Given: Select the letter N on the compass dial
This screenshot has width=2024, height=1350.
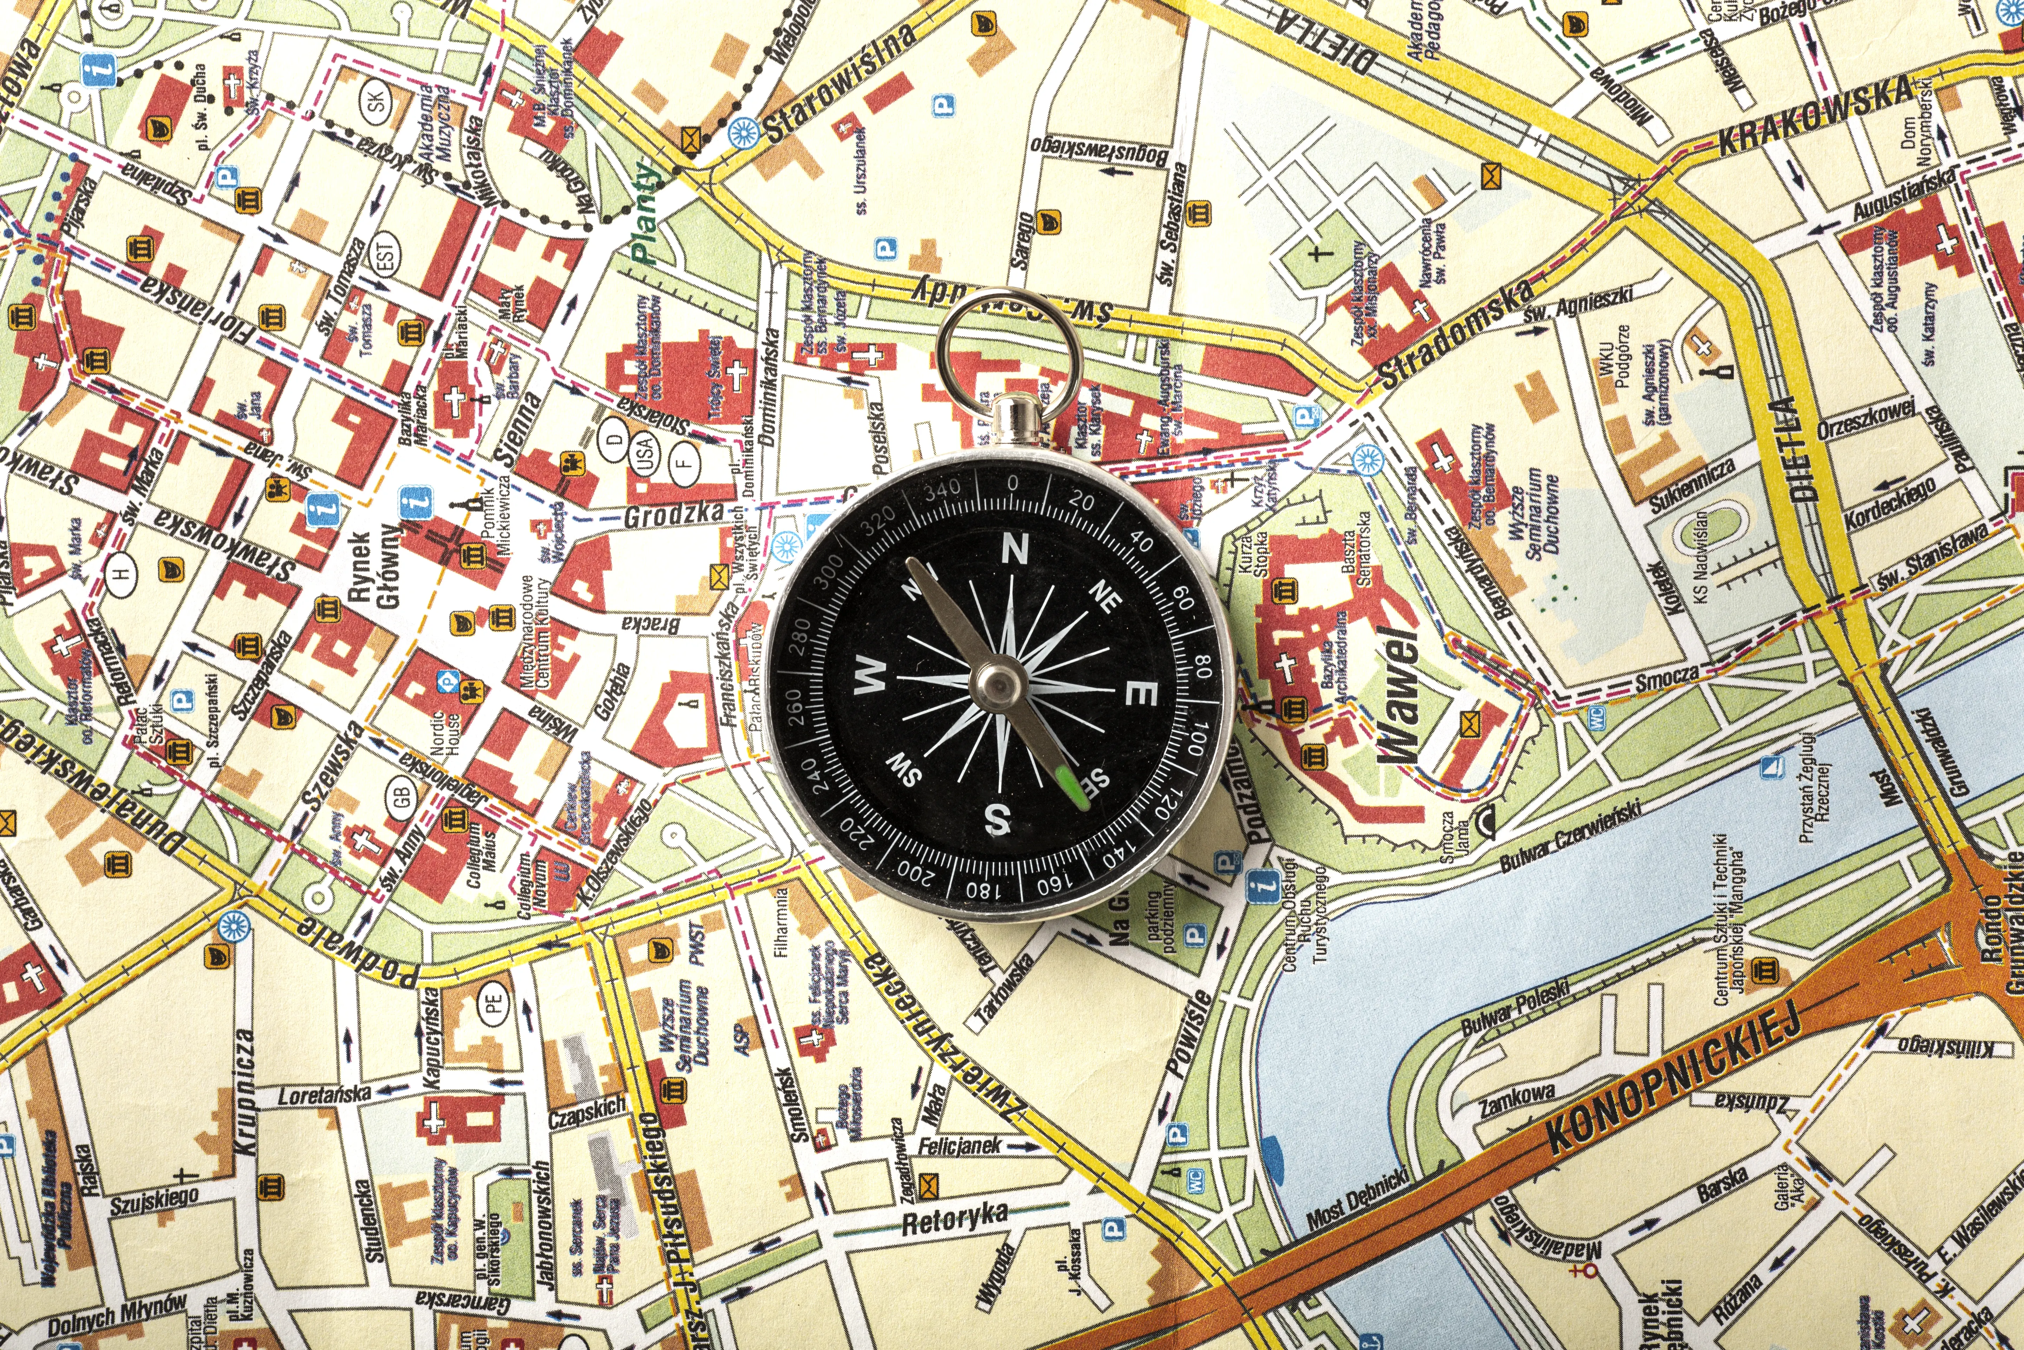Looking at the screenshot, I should tap(1016, 548).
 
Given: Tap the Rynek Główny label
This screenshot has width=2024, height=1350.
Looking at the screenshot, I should tap(372, 568).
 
